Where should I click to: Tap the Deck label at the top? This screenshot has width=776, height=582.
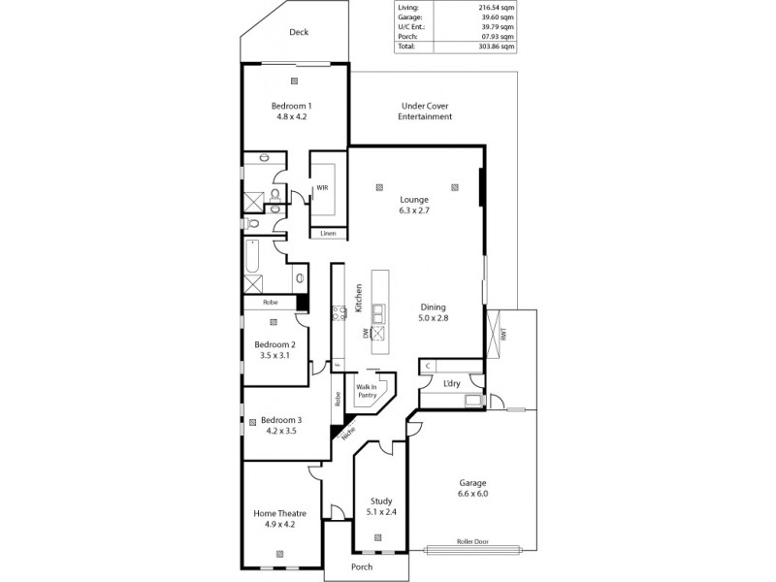(299, 32)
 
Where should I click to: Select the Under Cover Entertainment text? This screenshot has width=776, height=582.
(425, 112)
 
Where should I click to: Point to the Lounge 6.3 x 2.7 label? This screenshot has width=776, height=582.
(413, 205)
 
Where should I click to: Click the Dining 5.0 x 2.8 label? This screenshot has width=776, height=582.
(434, 310)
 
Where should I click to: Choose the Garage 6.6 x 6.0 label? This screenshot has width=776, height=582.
(472, 488)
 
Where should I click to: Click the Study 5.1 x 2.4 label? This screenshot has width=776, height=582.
(380, 507)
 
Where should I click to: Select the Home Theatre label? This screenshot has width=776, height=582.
(279, 518)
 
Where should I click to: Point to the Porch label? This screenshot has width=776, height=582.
(362, 566)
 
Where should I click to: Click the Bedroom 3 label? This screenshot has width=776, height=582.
(281, 425)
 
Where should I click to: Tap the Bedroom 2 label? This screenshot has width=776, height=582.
(275, 349)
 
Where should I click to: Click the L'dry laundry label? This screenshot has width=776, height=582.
(451, 385)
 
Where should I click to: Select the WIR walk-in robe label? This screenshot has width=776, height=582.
(321, 188)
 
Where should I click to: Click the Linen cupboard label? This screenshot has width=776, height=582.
(328, 233)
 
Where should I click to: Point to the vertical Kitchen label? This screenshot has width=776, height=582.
(358, 297)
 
